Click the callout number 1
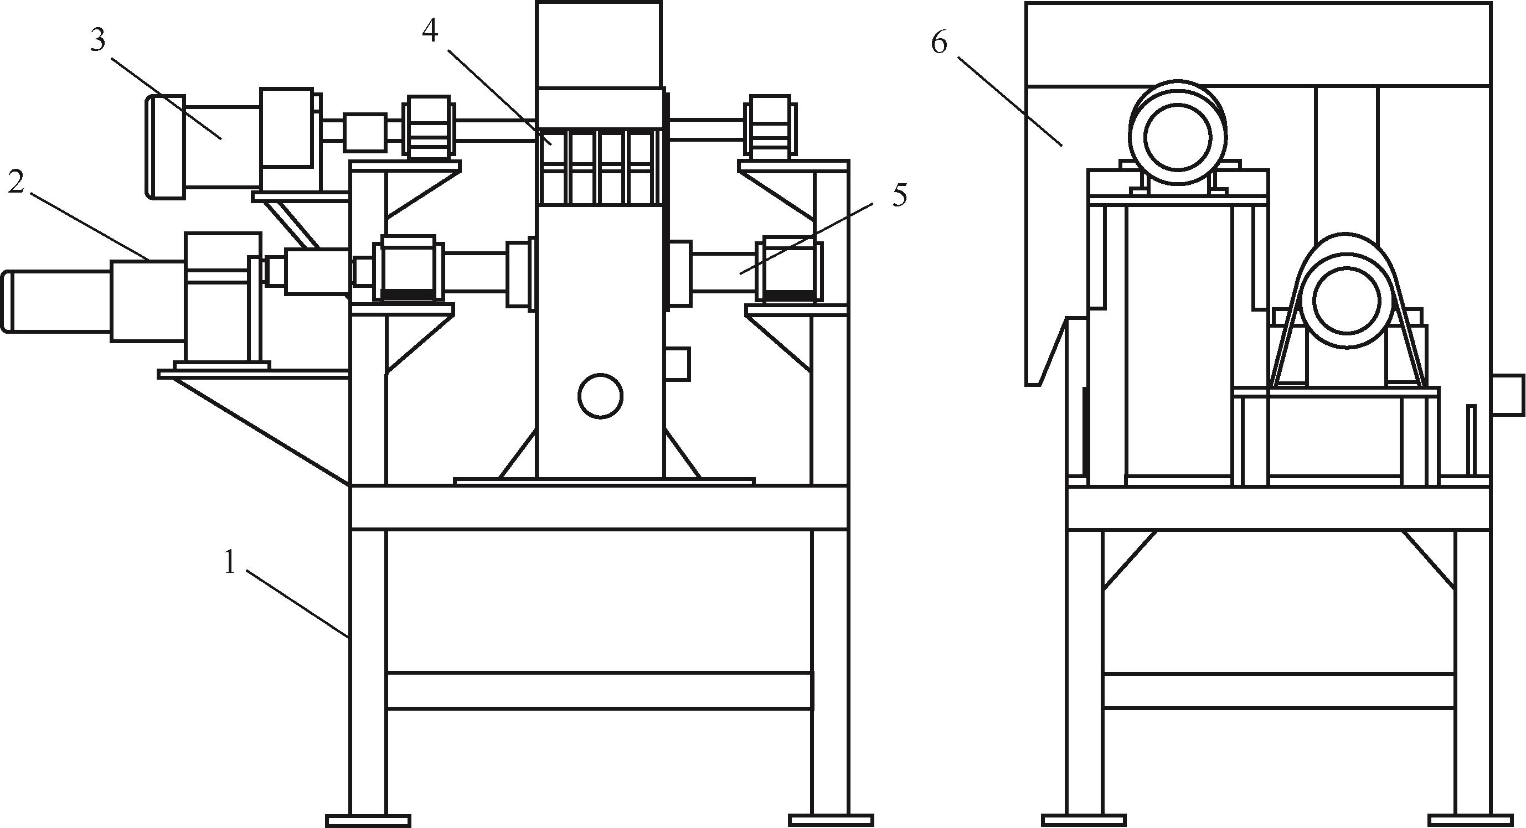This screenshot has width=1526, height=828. pyautogui.click(x=230, y=563)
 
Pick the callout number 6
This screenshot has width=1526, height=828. pyautogui.click(x=939, y=42)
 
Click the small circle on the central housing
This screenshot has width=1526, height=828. pyautogui.click(x=601, y=396)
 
